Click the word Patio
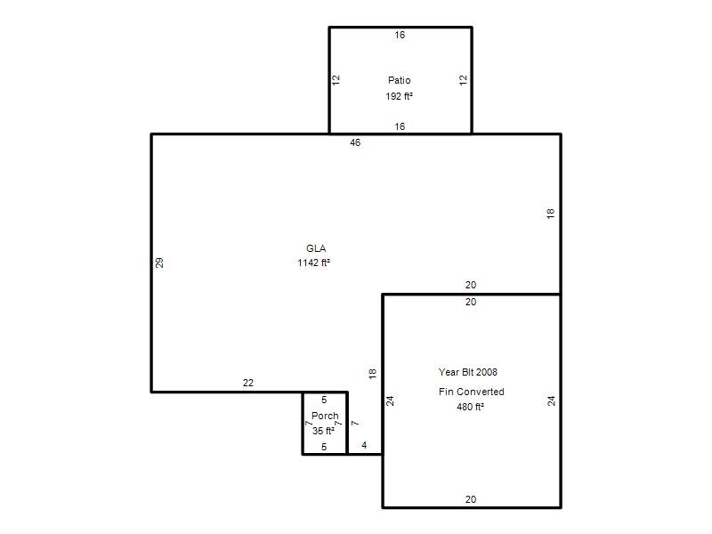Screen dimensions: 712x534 (x=399, y=80)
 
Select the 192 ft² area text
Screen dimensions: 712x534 (x=399, y=96)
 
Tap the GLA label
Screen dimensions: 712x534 (x=316, y=248)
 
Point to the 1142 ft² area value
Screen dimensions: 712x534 (x=313, y=263)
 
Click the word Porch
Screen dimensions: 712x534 (x=325, y=416)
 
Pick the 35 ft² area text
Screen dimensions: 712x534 (x=323, y=431)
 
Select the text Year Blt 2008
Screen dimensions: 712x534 (x=468, y=372)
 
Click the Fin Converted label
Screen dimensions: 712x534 (x=472, y=392)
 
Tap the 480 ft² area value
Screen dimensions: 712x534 (x=470, y=407)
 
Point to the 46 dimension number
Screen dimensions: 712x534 (x=355, y=142)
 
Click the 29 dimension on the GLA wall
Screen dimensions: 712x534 (x=159, y=263)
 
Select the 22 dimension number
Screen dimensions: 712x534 (x=248, y=383)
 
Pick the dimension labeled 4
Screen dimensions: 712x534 (x=364, y=445)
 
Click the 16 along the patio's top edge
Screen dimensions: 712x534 (x=400, y=35)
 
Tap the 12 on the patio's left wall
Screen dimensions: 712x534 (x=336, y=80)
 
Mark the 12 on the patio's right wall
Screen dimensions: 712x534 (x=463, y=80)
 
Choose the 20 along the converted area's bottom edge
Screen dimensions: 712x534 (x=471, y=499)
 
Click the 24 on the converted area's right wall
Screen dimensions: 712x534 (x=551, y=401)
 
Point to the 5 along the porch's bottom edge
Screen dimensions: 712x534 (x=324, y=447)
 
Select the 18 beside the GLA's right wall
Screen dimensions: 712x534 (x=550, y=214)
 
